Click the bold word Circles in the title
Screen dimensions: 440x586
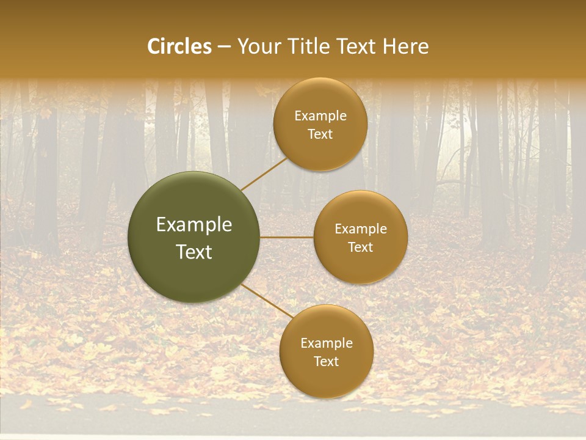click(x=179, y=46)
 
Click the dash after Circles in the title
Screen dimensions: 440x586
click(x=224, y=47)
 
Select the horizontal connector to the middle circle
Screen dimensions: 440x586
click(x=286, y=237)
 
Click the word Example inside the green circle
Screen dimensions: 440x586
click(x=194, y=225)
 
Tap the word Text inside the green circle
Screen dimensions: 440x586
click(x=194, y=252)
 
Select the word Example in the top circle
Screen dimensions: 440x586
click(x=320, y=116)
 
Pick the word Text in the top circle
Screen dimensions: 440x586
click(x=320, y=134)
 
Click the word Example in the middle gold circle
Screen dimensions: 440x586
click(x=361, y=229)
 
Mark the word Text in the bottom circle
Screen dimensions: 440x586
click(x=326, y=362)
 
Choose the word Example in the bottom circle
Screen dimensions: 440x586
click(x=327, y=343)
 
